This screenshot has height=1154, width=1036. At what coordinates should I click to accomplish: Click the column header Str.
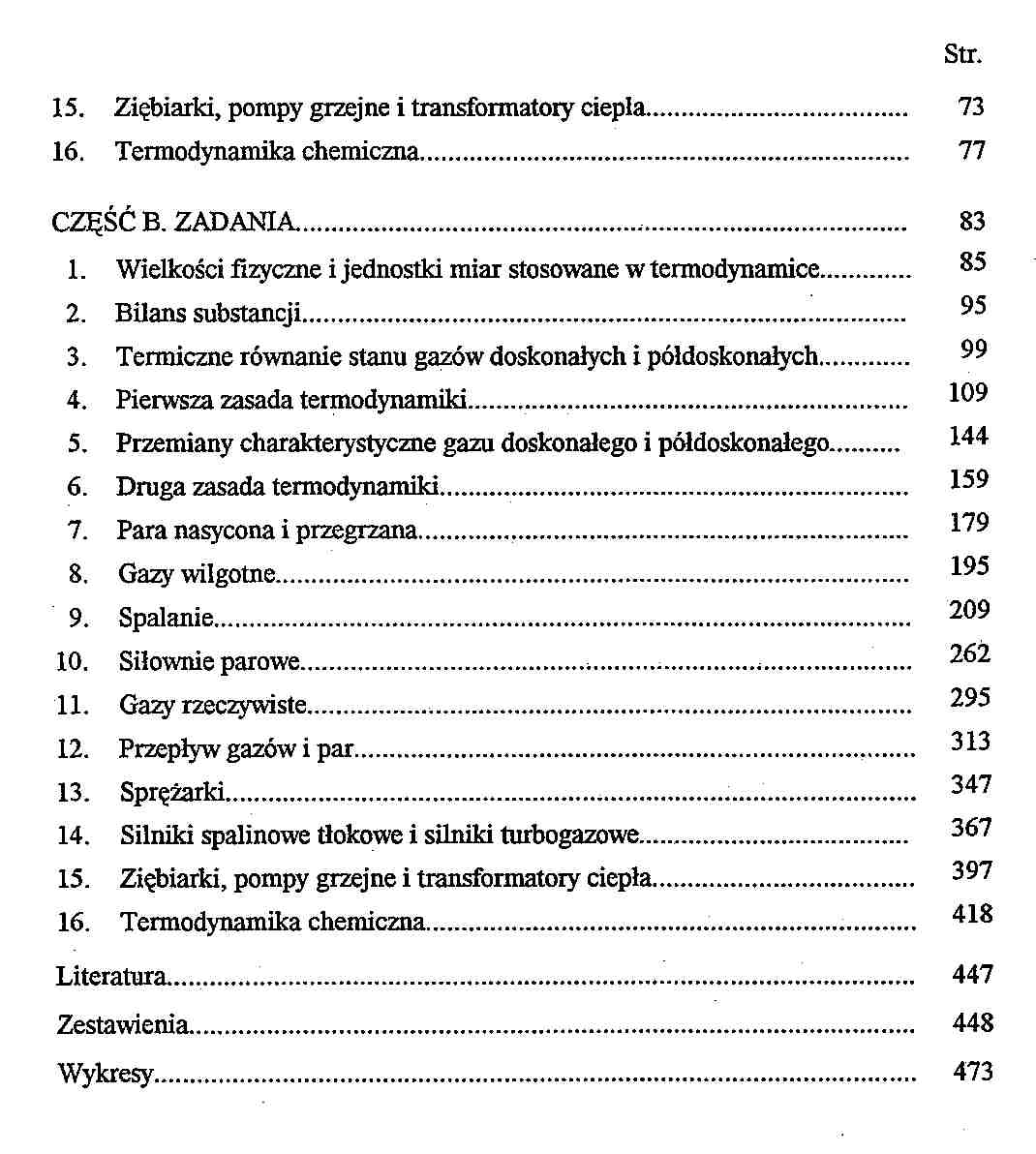(x=962, y=54)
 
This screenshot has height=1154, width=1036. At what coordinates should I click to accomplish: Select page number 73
(x=971, y=106)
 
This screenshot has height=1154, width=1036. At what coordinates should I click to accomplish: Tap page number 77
(x=971, y=150)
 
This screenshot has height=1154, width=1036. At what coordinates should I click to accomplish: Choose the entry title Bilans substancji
(x=209, y=313)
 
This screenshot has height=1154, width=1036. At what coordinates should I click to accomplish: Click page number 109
(x=968, y=392)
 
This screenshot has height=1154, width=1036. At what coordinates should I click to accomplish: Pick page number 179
(x=969, y=523)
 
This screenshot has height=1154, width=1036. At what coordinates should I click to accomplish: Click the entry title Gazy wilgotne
(x=198, y=574)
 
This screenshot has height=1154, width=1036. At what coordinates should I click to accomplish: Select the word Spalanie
(x=166, y=618)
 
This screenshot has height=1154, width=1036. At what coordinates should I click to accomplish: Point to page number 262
(x=969, y=653)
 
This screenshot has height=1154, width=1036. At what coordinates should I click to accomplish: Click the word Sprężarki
(x=172, y=793)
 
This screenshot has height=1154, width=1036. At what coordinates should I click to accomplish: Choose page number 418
(x=972, y=913)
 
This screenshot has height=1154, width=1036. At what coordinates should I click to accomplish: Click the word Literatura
(x=111, y=976)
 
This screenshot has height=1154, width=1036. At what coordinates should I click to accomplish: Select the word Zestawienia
(x=122, y=1024)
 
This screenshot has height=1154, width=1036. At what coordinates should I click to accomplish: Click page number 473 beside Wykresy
(x=972, y=1071)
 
